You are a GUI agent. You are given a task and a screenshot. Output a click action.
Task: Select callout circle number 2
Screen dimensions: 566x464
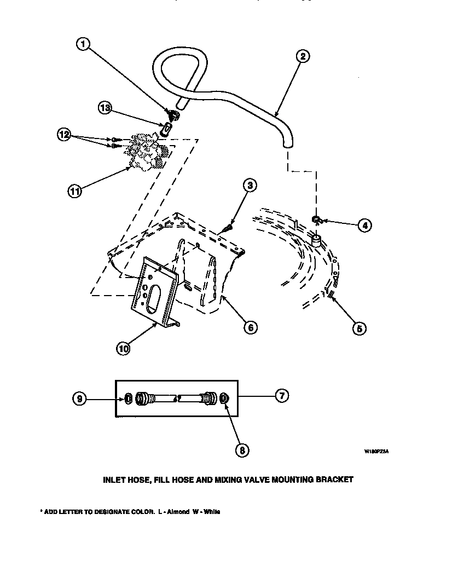point(303,56)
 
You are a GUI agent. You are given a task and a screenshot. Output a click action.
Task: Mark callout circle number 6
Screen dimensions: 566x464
point(250,327)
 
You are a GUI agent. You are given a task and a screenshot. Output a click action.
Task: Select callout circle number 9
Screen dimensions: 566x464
point(79,400)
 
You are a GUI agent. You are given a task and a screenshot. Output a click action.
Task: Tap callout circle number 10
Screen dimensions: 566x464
point(123,348)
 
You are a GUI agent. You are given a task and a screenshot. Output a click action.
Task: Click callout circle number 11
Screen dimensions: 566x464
point(74,191)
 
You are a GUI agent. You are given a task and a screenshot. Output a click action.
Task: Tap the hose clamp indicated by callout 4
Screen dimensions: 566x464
point(316,220)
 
